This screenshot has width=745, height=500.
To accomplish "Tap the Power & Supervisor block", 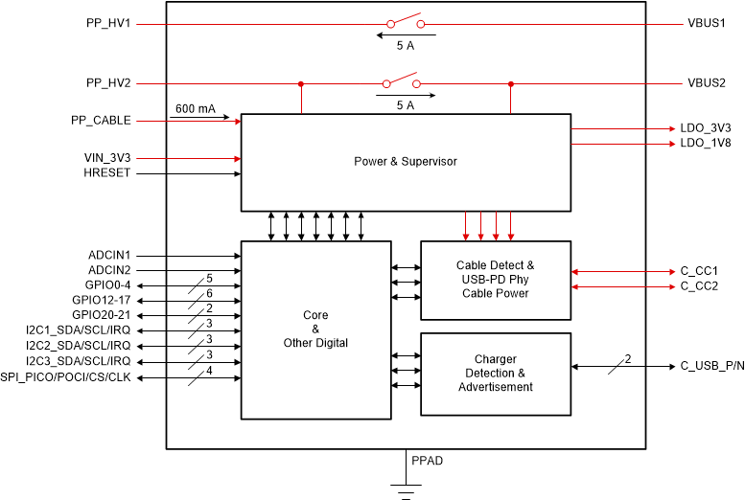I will coord(405,161).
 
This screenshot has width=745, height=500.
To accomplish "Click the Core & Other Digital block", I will coord(315,329).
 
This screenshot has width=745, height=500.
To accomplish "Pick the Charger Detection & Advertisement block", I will coord(496,374).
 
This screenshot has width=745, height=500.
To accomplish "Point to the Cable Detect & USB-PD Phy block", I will coord(496,279).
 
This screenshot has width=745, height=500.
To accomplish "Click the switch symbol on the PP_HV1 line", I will coord(406,21).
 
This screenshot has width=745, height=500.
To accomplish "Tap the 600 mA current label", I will coord(194,109).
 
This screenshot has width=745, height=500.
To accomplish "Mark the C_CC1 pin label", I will coord(699,272).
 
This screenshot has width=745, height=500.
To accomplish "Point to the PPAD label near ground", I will coord(427,461).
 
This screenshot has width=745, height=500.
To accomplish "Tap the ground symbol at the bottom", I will coord(406,491).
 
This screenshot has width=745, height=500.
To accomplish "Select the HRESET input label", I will coord(107,173).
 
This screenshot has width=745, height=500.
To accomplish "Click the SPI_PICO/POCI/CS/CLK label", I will coord(66,378).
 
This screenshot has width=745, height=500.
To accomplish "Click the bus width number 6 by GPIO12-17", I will coord(209,293).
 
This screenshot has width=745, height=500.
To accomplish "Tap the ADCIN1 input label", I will coord(109,256).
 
